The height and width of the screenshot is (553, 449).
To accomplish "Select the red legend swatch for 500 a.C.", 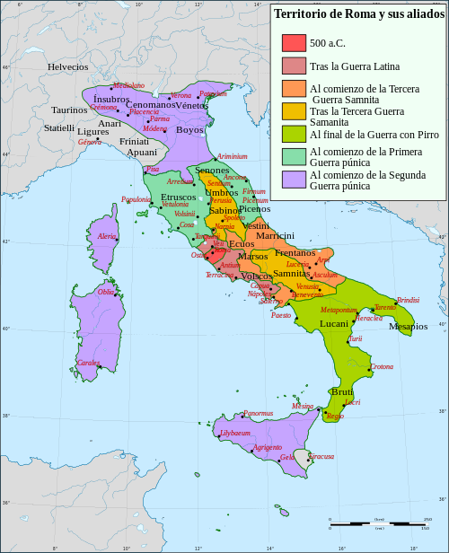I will [294, 42].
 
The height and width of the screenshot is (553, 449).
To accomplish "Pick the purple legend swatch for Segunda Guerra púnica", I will [294, 179].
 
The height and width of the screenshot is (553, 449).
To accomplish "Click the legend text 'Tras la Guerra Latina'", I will [355, 66].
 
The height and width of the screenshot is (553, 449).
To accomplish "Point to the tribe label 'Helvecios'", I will [68, 67].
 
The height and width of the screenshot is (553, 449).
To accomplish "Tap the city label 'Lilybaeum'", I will [234, 434].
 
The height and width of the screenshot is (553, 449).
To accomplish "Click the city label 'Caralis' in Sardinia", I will [88, 363].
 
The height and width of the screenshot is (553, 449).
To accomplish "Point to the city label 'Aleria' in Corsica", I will [107, 236].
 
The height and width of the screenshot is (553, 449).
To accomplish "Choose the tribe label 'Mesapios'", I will [408, 327].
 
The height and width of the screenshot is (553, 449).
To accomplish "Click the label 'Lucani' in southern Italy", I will [334, 323].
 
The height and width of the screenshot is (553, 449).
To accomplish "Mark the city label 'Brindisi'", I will [408, 300].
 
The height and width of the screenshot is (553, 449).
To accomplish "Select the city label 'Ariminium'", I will [232, 156].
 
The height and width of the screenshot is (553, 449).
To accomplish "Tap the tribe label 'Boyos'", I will [189, 130].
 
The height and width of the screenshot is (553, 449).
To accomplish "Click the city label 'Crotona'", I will [382, 366].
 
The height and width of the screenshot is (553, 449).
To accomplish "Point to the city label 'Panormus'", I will [258, 414].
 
